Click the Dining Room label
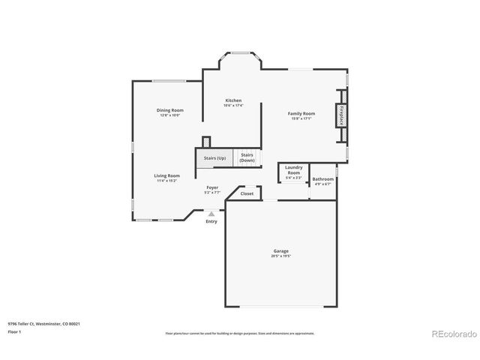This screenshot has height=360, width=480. [x=170, y=110]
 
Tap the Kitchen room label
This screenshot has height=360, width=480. [x=233, y=100]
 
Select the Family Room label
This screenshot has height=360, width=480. [x=301, y=113]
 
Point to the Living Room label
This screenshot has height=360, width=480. [x=166, y=175]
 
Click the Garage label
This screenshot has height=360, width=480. [x=280, y=251]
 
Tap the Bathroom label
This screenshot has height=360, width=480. [x=323, y=179]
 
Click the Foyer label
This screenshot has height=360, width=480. [x=212, y=188]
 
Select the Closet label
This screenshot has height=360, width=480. [x=247, y=193]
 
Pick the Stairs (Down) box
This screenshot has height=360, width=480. [x=247, y=157]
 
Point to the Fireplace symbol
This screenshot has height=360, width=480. [x=342, y=116]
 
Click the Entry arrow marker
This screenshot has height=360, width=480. [x=211, y=214]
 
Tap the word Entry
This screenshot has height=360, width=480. [x=211, y=221]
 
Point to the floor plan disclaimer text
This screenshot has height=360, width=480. [x=240, y=332]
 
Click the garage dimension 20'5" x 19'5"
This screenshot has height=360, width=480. [x=280, y=256]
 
